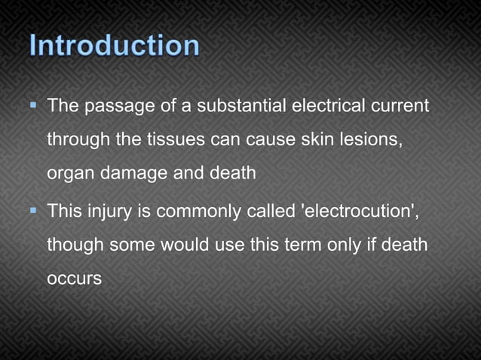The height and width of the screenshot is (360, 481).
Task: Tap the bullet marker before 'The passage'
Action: click(x=35, y=105)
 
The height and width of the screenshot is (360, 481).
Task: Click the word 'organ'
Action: click(x=69, y=174)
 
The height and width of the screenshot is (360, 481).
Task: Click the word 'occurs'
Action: click(x=74, y=279)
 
